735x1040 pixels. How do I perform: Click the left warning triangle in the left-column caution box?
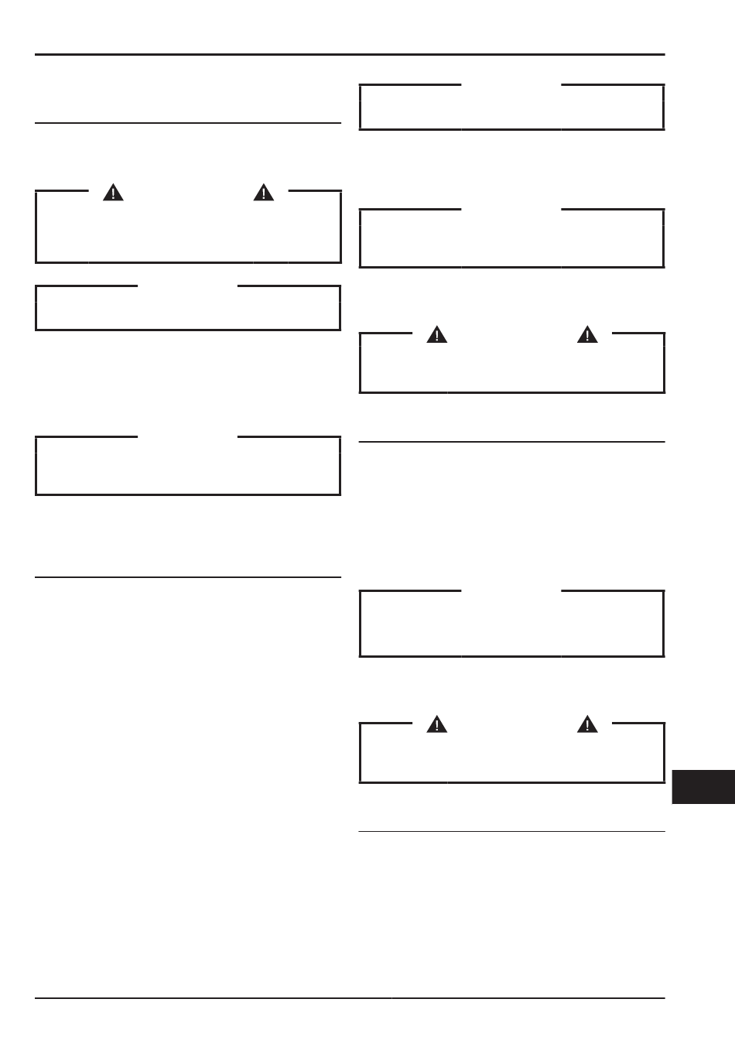click(113, 193)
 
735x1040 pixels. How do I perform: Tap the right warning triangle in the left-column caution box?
click(264, 193)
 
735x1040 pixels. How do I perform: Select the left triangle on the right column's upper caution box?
click(437, 335)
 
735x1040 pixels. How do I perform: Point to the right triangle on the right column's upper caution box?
click(588, 335)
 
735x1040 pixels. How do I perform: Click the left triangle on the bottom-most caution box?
click(437, 725)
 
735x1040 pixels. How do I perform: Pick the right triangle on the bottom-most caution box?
click(588, 725)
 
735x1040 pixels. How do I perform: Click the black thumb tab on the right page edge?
click(703, 787)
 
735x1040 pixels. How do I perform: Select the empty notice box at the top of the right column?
click(511, 108)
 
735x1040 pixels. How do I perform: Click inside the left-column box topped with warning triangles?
click(188, 228)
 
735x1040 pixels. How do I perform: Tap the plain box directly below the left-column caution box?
click(188, 309)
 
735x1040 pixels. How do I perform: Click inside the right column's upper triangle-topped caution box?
click(511, 365)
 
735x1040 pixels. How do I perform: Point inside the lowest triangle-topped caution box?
click(511, 755)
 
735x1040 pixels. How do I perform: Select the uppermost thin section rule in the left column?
click(188, 123)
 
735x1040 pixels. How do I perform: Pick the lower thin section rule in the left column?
click(188, 577)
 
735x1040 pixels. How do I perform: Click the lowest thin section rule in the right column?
click(511, 832)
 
